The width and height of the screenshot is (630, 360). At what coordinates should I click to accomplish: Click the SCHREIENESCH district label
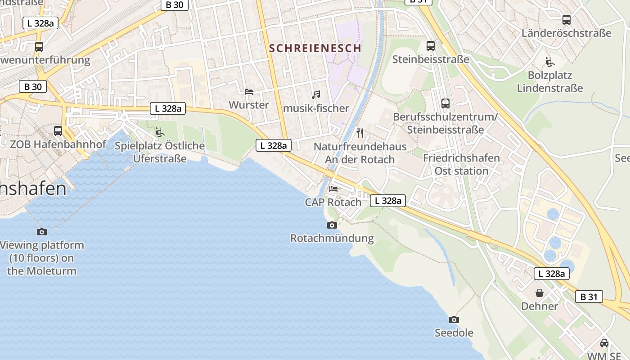point(315,48)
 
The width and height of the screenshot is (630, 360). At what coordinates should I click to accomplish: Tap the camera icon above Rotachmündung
point(332,225)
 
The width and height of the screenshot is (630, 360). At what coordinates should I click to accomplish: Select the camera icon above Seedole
point(454,319)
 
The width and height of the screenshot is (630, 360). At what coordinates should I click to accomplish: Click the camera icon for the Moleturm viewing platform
point(42,232)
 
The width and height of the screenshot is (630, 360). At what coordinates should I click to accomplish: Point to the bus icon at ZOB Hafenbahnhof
point(58,131)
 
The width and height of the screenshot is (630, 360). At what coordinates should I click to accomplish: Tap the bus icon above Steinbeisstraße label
point(431,45)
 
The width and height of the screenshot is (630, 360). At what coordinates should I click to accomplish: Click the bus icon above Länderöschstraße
point(567,20)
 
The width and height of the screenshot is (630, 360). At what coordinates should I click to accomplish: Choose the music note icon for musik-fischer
point(316,95)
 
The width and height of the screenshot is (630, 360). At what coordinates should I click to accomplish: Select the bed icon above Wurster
point(249,92)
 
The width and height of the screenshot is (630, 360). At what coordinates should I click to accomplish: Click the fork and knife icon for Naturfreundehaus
point(360,133)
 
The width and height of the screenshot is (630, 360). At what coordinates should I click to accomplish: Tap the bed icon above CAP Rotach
point(333,189)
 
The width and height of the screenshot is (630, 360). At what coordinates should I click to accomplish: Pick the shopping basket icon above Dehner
point(540,293)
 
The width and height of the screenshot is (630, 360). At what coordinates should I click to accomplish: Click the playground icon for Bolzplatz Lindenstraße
point(549,62)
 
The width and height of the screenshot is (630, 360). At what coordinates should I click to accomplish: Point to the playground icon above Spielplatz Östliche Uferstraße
point(159,132)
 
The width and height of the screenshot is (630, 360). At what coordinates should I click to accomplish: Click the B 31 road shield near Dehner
point(589,297)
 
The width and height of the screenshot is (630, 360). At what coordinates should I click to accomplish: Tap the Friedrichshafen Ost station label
point(461,164)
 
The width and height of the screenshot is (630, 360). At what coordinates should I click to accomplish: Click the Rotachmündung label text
point(332,238)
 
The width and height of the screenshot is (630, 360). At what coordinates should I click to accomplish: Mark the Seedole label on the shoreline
point(454,333)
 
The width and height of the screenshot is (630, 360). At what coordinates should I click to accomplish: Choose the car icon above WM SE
point(604,343)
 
